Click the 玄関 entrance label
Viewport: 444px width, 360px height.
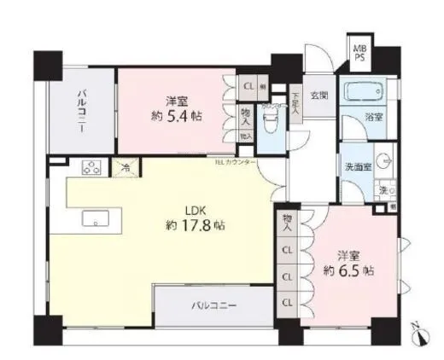point(318,96)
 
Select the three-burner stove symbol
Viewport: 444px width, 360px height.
point(91,169)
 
